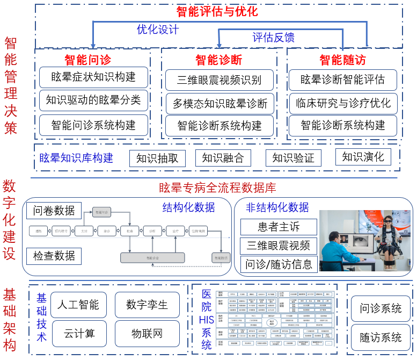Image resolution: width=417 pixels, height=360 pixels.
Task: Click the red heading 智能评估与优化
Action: (217, 11)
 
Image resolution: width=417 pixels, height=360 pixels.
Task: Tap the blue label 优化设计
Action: (158, 29)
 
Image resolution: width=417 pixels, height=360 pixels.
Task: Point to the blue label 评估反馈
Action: (273, 37)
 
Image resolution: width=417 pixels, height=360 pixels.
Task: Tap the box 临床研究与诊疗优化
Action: (343, 102)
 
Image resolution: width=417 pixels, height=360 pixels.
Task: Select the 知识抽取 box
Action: (157, 158)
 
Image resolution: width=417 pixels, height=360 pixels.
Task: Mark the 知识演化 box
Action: (363, 157)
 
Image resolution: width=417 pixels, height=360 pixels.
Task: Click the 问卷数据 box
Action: (54, 211)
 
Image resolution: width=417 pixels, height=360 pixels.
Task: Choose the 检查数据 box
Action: (54, 255)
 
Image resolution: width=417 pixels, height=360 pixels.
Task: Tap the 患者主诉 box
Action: (279, 227)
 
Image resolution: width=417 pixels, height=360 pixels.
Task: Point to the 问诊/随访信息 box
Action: (279, 264)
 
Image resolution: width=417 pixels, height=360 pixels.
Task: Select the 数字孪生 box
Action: (147, 305)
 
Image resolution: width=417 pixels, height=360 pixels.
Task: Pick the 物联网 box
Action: (147, 334)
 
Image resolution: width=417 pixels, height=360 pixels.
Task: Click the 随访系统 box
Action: (381, 337)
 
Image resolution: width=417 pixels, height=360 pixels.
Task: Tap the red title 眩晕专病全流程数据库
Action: (217, 188)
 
